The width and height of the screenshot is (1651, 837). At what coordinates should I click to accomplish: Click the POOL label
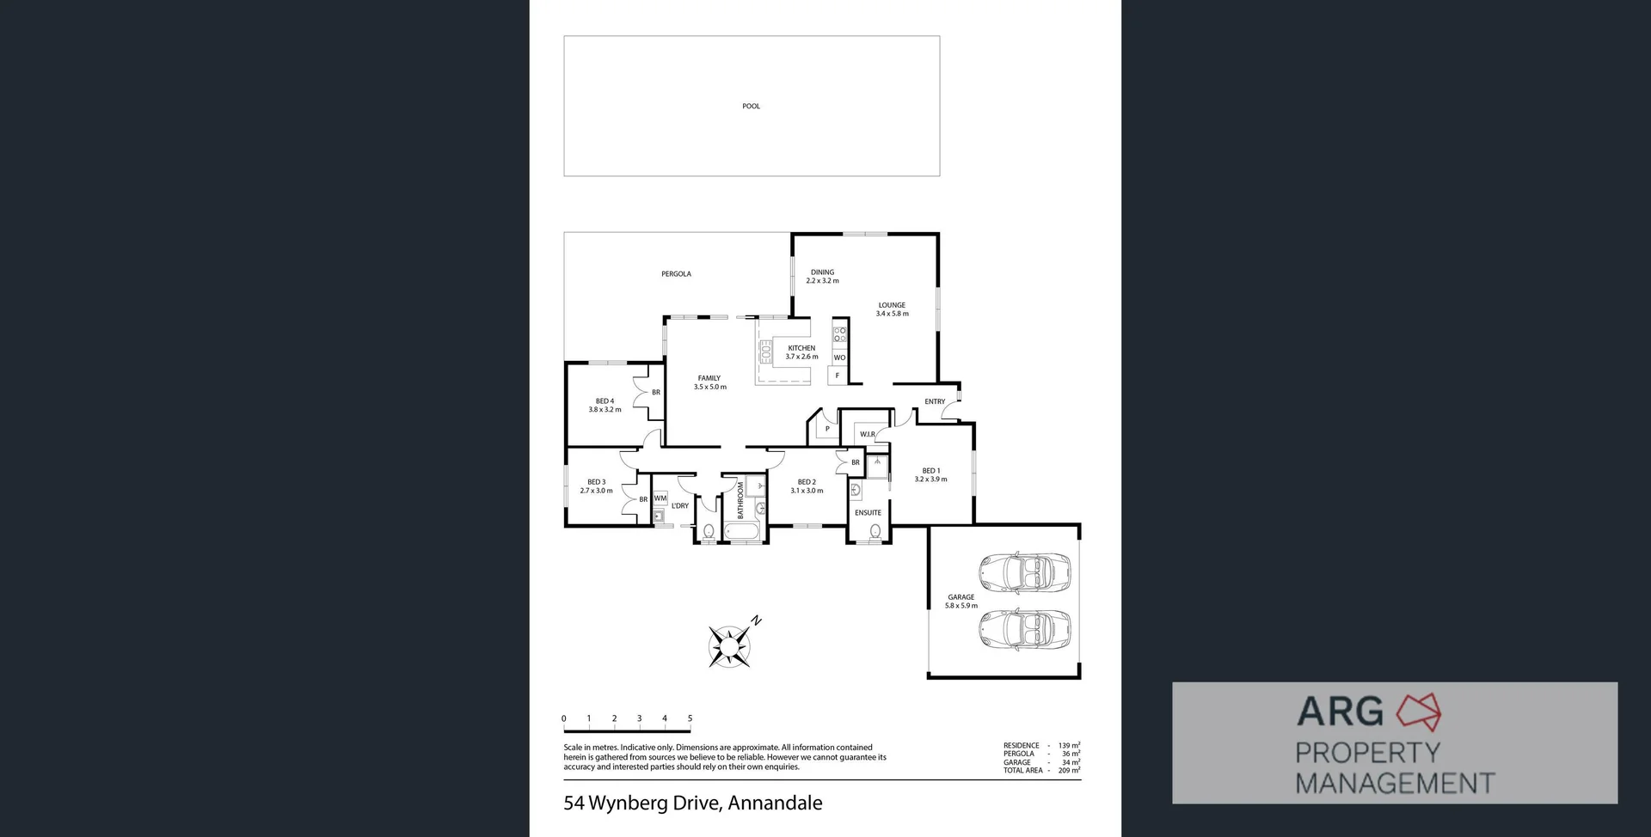751,107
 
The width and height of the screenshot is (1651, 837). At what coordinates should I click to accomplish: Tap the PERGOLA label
676,274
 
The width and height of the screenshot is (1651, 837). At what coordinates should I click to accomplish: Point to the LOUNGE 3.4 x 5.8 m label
892,309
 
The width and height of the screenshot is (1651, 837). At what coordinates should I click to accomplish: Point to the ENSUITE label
868,513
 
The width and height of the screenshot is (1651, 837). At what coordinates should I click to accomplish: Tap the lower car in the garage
1024,629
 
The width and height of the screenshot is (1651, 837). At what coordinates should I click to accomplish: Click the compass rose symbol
730,645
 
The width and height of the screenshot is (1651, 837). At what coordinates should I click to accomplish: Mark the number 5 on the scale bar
690,718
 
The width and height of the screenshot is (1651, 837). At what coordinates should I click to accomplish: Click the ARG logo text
1340,712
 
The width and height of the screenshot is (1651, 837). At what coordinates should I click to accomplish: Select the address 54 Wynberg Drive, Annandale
692,803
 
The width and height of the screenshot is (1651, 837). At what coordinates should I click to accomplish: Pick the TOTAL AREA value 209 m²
1069,771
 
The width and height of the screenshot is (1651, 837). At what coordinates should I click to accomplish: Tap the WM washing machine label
660,498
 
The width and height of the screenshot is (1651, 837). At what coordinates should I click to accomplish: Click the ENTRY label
935,401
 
